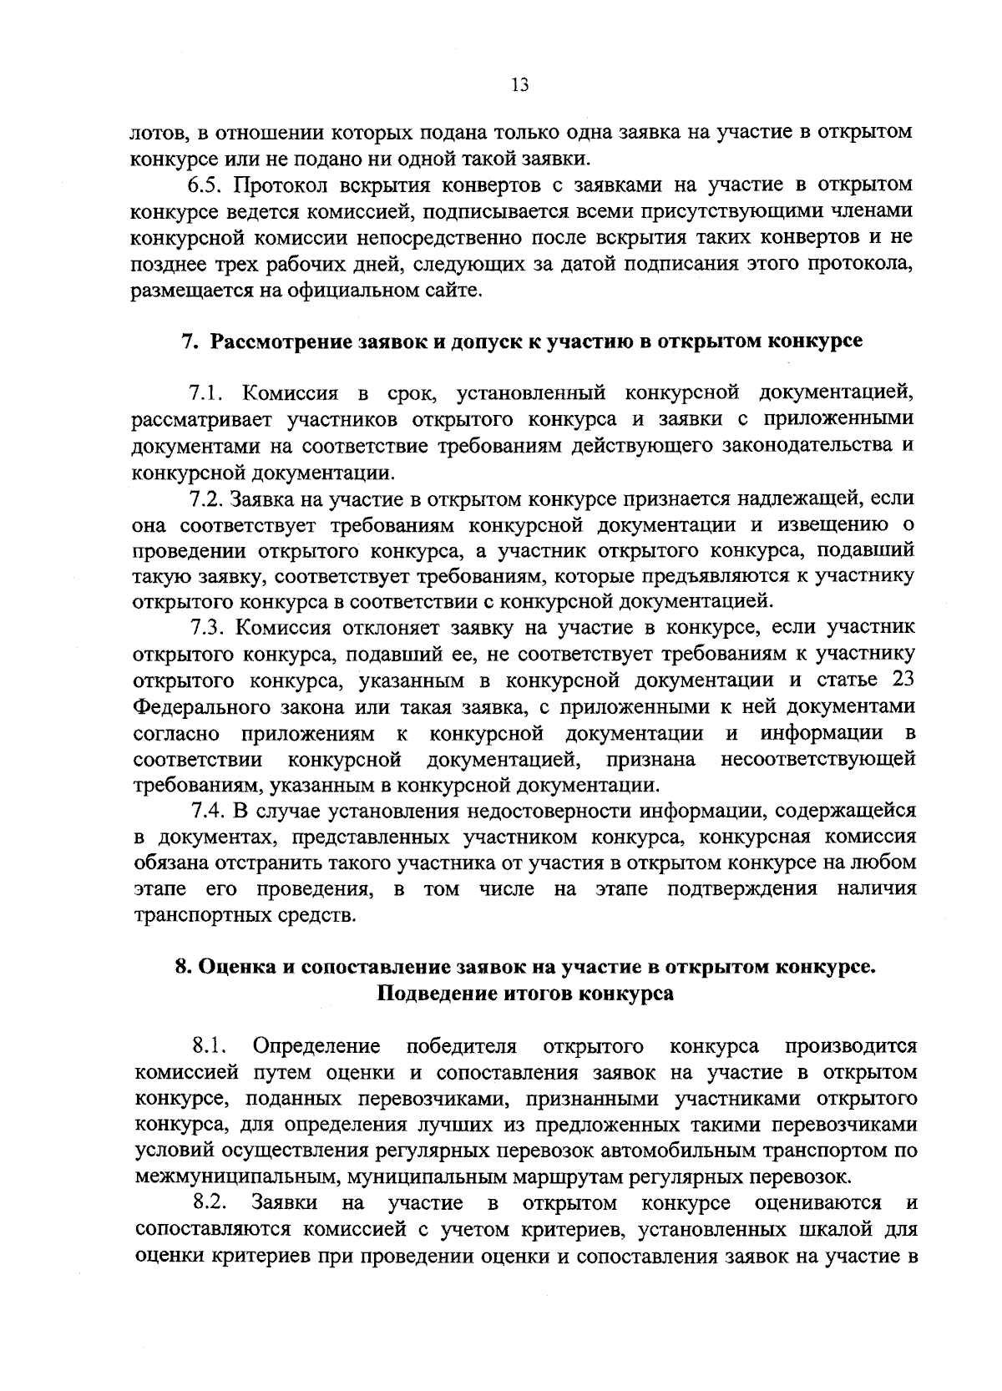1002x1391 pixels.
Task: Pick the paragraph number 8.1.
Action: pyautogui.click(x=209, y=1046)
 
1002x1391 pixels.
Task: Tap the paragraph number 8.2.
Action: pyautogui.click(x=209, y=1203)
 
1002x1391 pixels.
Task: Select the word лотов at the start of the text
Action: pyautogui.click(x=158, y=133)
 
